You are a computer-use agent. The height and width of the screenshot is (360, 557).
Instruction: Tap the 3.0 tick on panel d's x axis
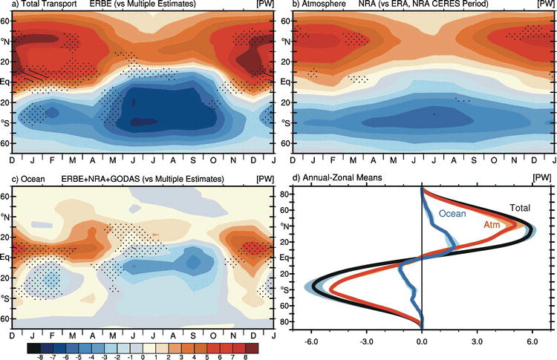477,344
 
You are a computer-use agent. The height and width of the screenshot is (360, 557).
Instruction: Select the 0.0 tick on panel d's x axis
422,344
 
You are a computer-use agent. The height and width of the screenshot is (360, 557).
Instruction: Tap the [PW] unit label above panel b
545,5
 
